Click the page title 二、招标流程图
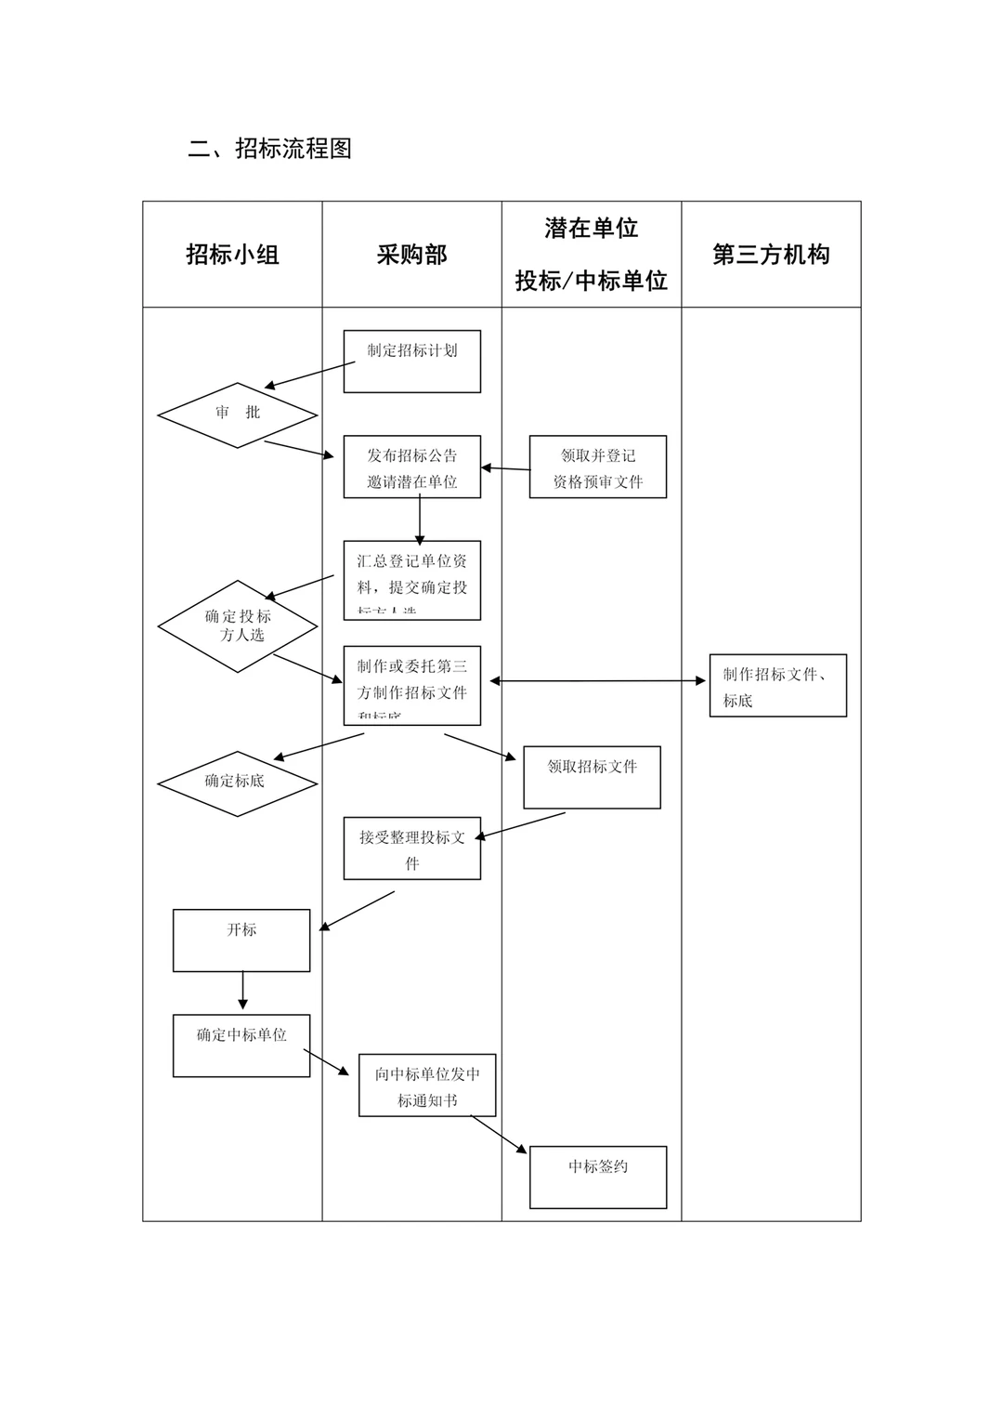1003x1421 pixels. pos(269,149)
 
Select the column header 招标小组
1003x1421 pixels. pos(232,255)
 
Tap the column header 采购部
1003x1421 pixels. pos(411,255)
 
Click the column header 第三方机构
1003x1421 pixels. pos(771,255)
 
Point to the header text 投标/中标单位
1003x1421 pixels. pos(592,281)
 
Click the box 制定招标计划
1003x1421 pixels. pos(411,361)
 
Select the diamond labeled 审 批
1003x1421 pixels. pos(238,414)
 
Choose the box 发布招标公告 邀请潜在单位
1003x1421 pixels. pos(411,467)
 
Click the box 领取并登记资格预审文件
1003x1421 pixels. pos(598,467)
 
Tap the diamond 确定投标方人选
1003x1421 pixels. pos(238,626)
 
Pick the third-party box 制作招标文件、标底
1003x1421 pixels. pos(778,686)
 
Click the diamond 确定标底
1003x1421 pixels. pos(238,783)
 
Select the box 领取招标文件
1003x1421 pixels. pos(592,777)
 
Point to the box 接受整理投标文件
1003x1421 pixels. pos(411,849)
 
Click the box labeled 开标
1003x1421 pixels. pos(241,941)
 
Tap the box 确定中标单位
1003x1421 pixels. pos(241,1046)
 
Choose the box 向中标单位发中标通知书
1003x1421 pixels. pos(427,1085)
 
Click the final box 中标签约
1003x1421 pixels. pos(598,1177)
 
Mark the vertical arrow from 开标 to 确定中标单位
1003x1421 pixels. pos(243,991)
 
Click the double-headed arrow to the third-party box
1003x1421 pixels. pos(598,681)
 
